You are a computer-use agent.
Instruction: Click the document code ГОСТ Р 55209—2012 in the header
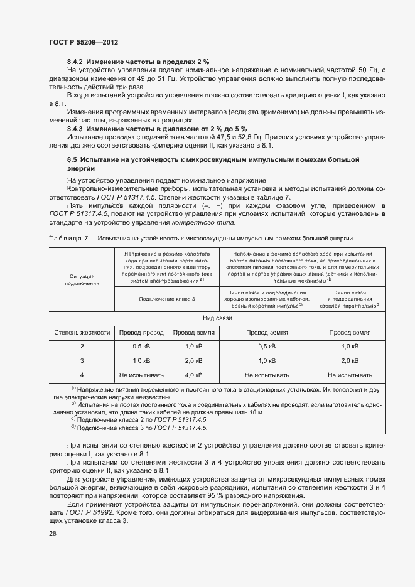pyautogui.click(x=83, y=41)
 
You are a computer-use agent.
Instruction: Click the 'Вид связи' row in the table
pyautogui.click(x=217, y=318)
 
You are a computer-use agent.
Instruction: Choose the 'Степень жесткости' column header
pyautogui.click(x=82, y=332)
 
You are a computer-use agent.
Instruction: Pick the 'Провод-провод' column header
pyautogui.click(x=141, y=332)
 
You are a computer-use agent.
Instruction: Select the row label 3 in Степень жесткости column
pyautogui.click(x=82, y=361)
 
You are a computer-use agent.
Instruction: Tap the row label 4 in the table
pyautogui.click(x=82, y=375)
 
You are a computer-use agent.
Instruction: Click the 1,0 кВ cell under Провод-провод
pyautogui.click(x=141, y=361)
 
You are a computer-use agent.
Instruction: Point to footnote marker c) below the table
pyautogui.click(x=73, y=419)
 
